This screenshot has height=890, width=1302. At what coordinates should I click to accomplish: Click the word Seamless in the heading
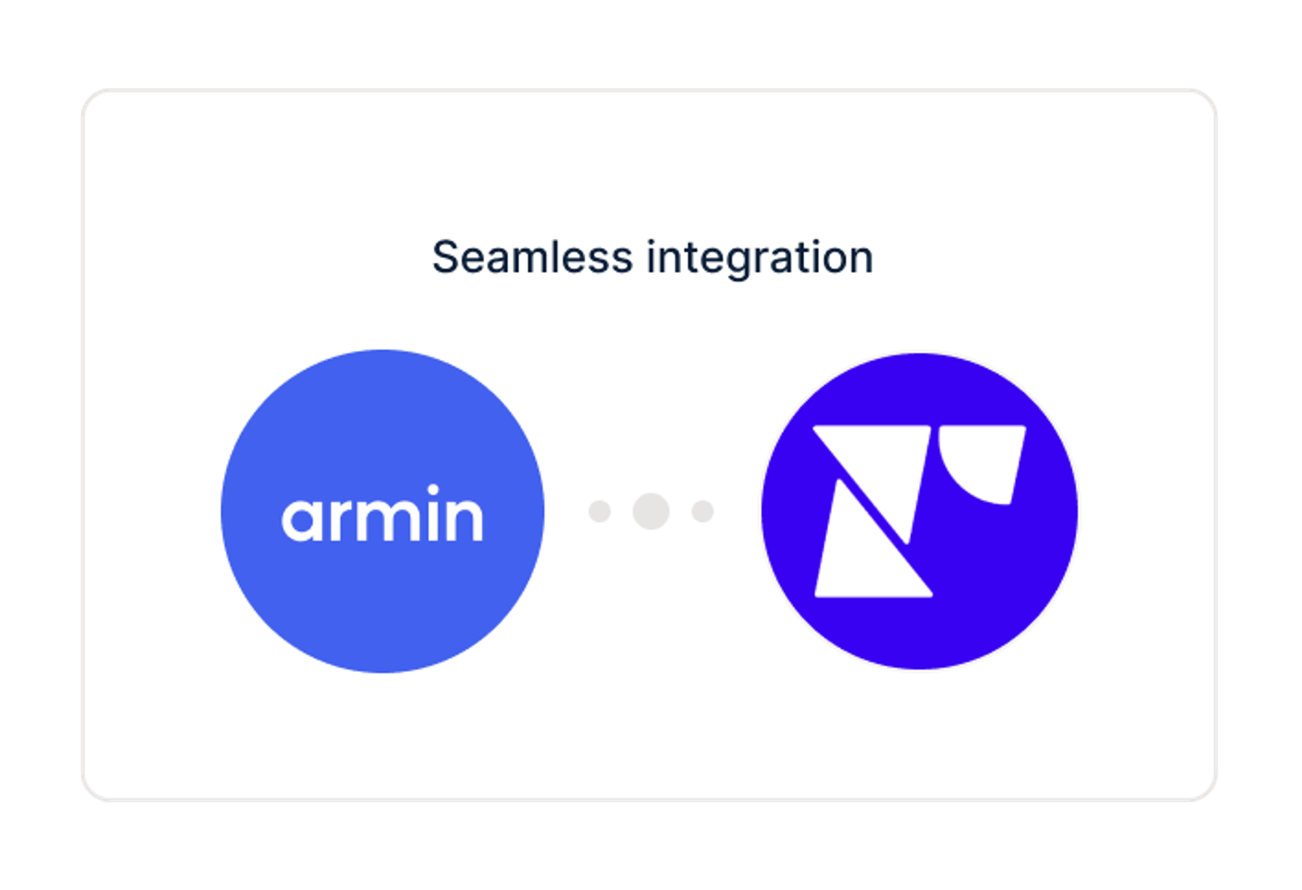click(x=532, y=258)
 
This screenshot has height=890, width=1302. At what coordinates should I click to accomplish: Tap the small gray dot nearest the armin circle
click(x=599, y=511)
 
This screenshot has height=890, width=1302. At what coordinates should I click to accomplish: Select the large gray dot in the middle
click(x=651, y=511)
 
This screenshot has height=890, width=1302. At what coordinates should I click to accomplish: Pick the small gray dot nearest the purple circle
click(x=703, y=511)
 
